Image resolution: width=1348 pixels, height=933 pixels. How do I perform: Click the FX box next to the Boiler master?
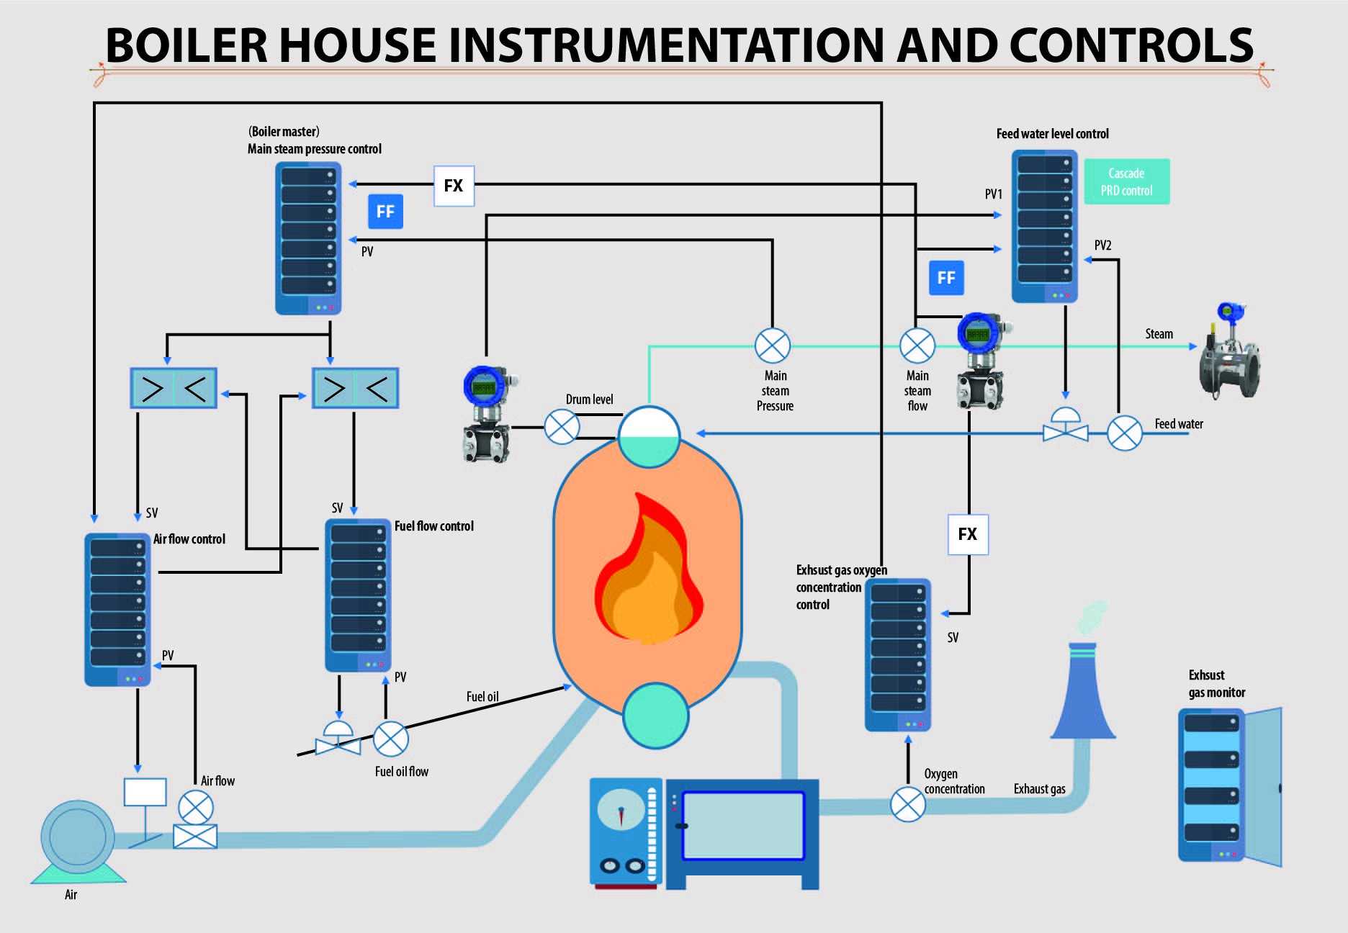(454, 186)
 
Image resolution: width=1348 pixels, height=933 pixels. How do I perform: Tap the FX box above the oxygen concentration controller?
(968, 534)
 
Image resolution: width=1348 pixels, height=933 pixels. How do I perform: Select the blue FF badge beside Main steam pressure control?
(385, 212)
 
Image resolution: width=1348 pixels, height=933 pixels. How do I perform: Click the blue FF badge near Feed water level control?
(946, 278)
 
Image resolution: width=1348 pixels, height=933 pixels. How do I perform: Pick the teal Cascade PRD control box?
(1126, 181)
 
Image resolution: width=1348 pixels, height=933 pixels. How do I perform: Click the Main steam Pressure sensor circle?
(772, 346)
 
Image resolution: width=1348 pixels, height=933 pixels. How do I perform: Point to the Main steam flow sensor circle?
(917, 346)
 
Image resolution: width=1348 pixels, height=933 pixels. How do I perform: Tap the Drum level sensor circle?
(562, 427)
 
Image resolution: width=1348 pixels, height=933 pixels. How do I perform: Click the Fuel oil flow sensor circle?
(391, 739)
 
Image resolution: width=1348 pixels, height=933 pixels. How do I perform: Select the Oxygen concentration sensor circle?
(908, 804)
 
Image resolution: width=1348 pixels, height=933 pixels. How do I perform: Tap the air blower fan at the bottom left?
(78, 839)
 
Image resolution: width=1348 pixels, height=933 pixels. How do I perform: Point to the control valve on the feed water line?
(1066, 426)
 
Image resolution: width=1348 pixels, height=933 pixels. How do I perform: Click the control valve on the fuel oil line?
(338, 739)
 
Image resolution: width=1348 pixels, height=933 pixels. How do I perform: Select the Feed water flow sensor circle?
(1124, 433)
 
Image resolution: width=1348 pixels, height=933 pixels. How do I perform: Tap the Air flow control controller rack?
(117, 609)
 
